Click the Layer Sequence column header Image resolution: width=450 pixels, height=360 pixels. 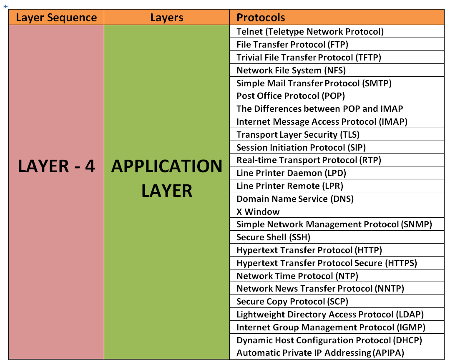(x=56, y=18)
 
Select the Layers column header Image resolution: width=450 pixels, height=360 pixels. (x=167, y=18)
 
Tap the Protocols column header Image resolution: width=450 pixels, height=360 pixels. (x=261, y=18)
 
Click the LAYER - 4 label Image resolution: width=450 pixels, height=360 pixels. (x=56, y=166)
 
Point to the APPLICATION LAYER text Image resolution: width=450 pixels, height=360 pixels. (x=167, y=178)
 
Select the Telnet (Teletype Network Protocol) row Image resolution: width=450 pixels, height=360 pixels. (x=310, y=31)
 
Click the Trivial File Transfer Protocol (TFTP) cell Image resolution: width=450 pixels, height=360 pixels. (x=309, y=57)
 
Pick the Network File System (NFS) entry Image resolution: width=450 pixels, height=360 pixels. (x=291, y=70)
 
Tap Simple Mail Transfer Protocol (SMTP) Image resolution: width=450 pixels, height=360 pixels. (x=314, y=83)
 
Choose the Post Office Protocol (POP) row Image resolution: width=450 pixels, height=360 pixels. (x=291, y=96)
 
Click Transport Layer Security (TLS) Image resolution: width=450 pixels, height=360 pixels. (x=298, y=134)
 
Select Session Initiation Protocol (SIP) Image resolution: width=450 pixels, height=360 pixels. (x=301, y=147)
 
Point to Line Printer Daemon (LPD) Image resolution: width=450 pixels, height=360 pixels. (x=291, y=173)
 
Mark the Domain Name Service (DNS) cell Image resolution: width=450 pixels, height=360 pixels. (x=295, y=199)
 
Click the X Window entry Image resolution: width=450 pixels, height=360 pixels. (x=258, y=211)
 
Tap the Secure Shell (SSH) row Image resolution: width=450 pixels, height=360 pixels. (x=273, y=237)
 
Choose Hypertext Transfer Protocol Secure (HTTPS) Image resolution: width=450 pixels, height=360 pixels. (x=327, y=263)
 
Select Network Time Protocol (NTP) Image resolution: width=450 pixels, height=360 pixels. (x=297, y=276)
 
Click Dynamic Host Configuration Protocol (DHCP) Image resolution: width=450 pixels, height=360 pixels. (x=329, y=340)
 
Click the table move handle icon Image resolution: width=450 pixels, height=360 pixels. (x=5, y=6)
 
